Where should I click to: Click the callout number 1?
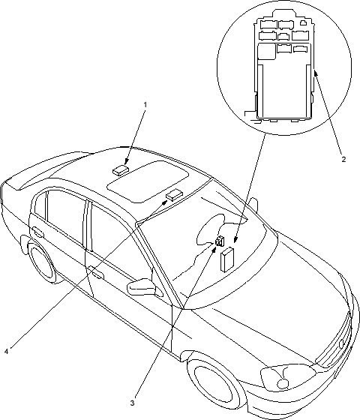[x=145, y=104]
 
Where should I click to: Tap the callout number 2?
[x=343, y=159]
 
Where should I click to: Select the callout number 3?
[x=132, y=403]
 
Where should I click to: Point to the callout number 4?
[x=7, y=351]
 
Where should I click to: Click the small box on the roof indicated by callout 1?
[x=120, y=170]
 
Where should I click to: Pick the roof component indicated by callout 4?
[x=174, y=194]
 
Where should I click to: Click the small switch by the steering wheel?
[x=220, y=241]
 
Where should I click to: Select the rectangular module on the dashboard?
[x=226, y=259]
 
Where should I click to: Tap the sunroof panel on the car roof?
[x=148, y=181]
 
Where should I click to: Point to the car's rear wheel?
[x=40, y=261]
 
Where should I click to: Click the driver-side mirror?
[x=142, y=287]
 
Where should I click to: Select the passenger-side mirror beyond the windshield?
[x=253, y=205]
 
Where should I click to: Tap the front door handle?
[x=96, y=272]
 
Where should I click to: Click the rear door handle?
[x=38, y=232]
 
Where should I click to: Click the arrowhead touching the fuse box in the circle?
[x=315, y=72]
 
